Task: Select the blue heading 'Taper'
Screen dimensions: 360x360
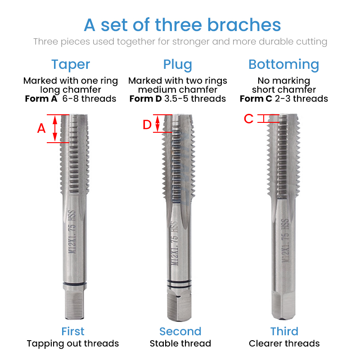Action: click(71, 64)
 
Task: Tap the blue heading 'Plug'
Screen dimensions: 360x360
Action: click(178, 64)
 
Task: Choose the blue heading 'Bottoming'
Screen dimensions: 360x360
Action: click(283, 64)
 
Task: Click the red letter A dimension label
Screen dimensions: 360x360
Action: click(41, 129)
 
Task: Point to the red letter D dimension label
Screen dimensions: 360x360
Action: click(147, 125)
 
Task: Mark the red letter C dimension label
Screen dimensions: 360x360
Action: click(249, 119)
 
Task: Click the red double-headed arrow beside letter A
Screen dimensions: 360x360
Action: click(55, 129)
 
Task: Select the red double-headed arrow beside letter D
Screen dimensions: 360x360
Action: click(157, 123)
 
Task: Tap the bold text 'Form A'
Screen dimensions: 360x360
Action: click(41, 99)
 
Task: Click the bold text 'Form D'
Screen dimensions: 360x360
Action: click(145, 99)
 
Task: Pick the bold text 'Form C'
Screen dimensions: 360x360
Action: click(256, 99)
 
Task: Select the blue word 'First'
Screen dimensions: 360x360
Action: click(72, 332)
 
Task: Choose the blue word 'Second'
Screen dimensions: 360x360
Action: click(180, 332)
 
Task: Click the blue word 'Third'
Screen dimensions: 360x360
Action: click(284, 332)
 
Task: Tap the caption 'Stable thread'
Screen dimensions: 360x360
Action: click(180, 344)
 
